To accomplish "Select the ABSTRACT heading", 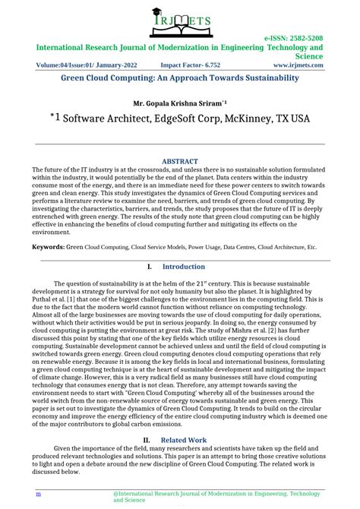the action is coord(180,161).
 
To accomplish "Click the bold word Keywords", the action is coord(47,247).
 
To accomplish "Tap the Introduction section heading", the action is coord(184,267).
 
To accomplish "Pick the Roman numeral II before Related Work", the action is coord(148,440).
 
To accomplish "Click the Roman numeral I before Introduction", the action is coord(149,267).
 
